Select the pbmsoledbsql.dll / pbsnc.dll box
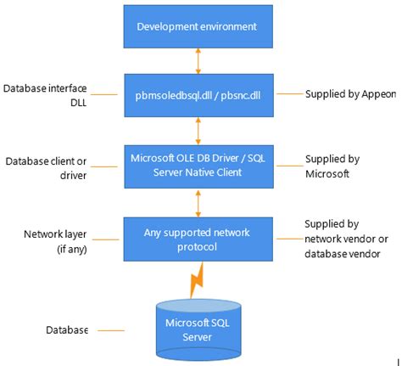[198, 96]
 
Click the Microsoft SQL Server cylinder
[198, 327]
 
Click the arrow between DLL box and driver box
[198, 129]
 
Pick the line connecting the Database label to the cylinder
[111, 330]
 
